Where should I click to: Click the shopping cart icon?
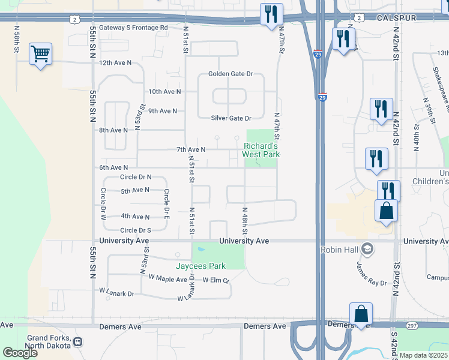point(40,54)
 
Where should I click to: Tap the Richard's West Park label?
point(261,150)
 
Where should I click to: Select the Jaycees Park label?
point(200,266)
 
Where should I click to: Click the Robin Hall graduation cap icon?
point(368,249)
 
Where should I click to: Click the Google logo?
point(20,353)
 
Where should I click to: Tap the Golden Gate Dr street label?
point(231,74)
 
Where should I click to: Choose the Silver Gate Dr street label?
point(231,118)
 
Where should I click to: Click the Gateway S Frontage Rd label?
point(133,28)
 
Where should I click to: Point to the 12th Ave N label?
point(115,62)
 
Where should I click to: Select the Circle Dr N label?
point(136,177)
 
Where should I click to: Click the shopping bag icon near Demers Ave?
point(361,314)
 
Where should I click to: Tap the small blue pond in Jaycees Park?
point(200,250)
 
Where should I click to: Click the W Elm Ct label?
point(216,280)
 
